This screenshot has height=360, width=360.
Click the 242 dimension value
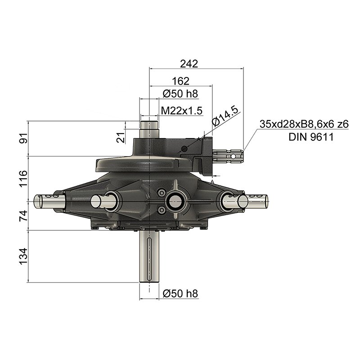pyautogui.click(x=189, y=63)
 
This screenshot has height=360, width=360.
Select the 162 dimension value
pyautogui.click(x=181, y=81)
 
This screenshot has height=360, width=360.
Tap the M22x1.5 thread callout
pyautogui.click(x=182, y=111)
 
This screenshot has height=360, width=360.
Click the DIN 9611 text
pyautogui.click(x=311, y=137)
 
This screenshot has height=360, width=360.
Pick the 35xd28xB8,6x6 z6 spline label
pyautogui.click(x=304, y=124)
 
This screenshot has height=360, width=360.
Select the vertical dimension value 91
pyautogui.click(x=23, y=138)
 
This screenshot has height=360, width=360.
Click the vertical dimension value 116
pyautogui.click(x=23, y=179)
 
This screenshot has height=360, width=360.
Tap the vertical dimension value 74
pyautogui.click(x=23, y=216)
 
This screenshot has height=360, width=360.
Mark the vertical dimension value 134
pyautogui.click(x=23, y=256)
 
